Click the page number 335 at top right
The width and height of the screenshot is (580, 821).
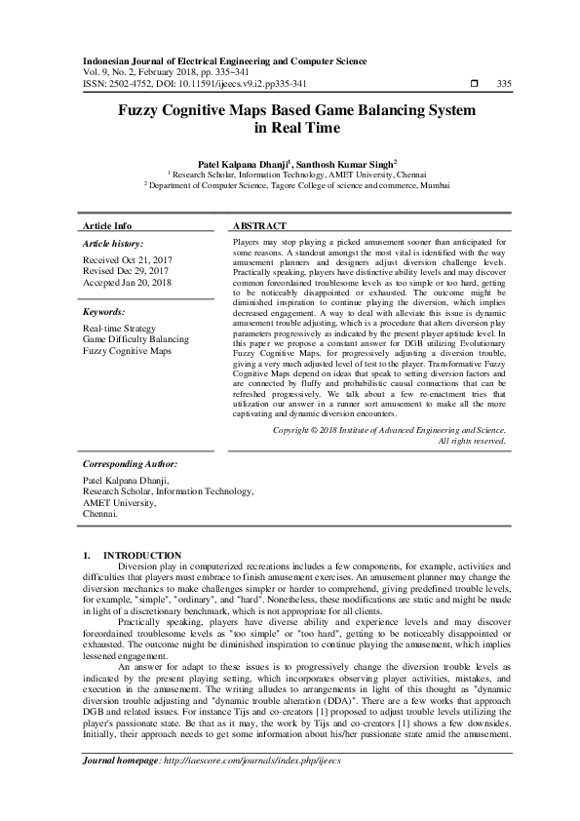tap(504, 84)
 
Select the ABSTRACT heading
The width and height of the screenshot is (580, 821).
tap(259, 225)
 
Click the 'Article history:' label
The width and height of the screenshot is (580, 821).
tap(113, 243)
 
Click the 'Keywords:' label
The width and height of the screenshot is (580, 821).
tap(103, 312)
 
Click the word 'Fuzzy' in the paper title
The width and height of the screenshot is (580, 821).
tap(146, 111)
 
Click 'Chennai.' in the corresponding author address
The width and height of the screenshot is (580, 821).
tap(100, 512)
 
